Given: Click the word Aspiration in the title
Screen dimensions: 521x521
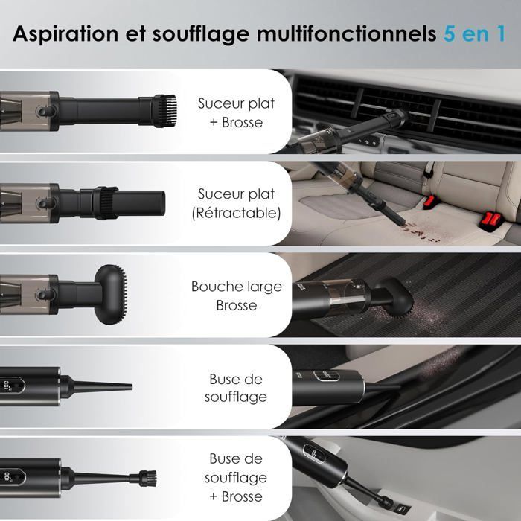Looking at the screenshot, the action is point(65,34).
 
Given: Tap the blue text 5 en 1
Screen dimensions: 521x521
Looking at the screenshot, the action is point(475,33).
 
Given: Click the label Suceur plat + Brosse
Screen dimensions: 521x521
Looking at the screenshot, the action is point(236,113).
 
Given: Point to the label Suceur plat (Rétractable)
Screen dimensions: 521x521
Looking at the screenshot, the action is point(236,203).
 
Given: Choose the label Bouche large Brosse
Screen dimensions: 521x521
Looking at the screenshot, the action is point(236,295).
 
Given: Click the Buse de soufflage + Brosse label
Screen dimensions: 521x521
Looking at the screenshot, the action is point(236,478).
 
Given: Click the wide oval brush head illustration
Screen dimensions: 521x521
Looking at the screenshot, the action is point(111,295).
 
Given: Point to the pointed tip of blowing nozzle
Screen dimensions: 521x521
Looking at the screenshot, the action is point(131,387).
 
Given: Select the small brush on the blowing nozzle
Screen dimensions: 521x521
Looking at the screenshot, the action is point(148,479).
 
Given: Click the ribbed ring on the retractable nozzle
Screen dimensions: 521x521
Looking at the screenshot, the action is point(106,203).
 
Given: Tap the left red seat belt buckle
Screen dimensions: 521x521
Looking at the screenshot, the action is point(430,201).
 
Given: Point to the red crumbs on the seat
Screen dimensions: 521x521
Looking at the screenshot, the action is point(421,232).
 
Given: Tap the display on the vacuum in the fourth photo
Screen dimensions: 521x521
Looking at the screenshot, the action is point(326,376).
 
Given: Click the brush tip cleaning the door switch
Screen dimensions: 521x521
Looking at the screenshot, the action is point(386,502).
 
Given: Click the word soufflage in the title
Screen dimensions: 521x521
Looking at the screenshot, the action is point(201,35).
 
